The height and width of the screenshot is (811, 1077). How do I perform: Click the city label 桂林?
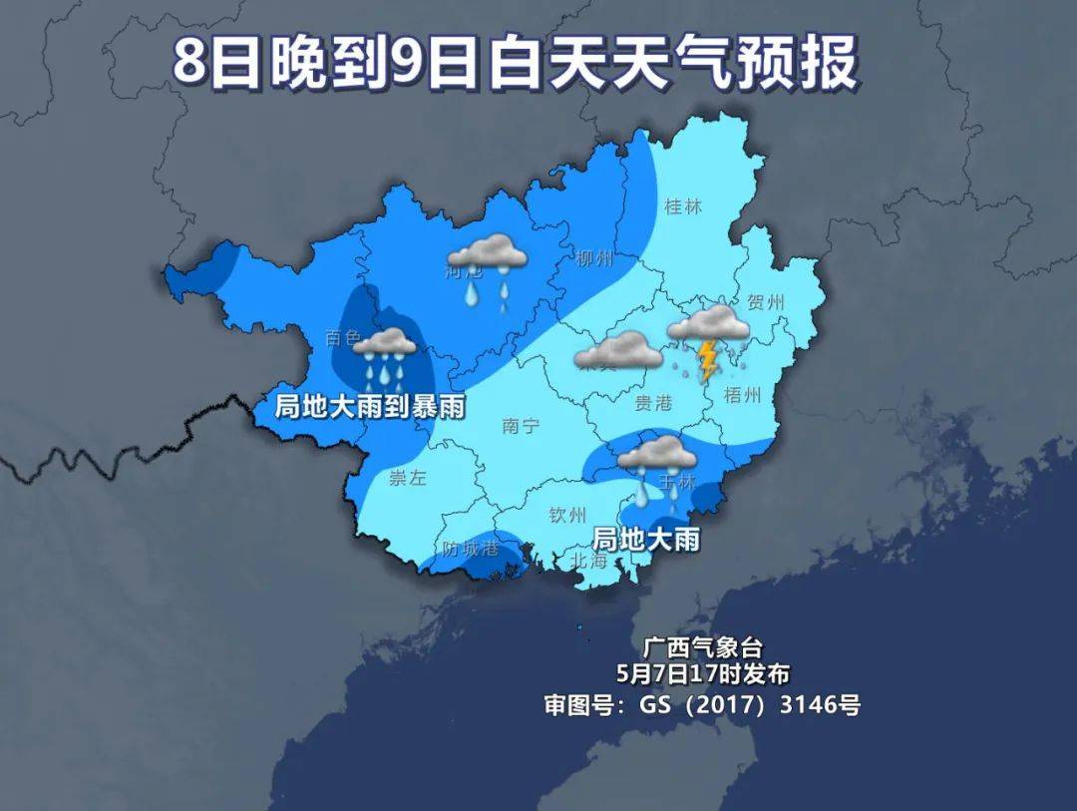coord(683,207)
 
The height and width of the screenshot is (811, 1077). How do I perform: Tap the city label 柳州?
coord(594,259)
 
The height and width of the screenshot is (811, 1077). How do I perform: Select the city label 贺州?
coord(766,302)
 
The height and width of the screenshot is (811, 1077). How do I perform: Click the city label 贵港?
coord(653,402)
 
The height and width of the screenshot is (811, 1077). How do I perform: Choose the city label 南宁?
coord(521,426)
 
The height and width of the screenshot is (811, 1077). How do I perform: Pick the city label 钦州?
coord(568,515)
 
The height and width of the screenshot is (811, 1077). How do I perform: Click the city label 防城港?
coord(471,548)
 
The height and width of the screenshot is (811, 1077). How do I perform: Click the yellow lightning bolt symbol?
coord(708,361)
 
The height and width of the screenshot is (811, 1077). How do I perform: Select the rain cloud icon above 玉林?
coord(657,464)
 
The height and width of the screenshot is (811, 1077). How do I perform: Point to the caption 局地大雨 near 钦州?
coord(645,540)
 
